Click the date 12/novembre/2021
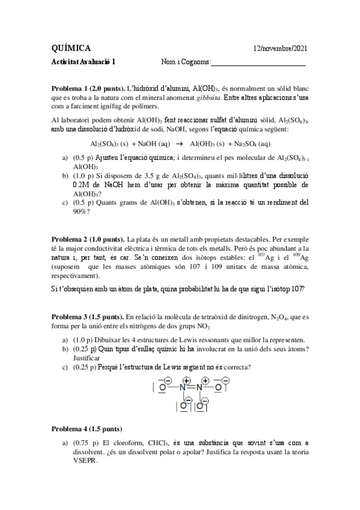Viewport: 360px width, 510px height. [281, 48]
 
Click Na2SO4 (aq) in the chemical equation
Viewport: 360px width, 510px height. [247, 144]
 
